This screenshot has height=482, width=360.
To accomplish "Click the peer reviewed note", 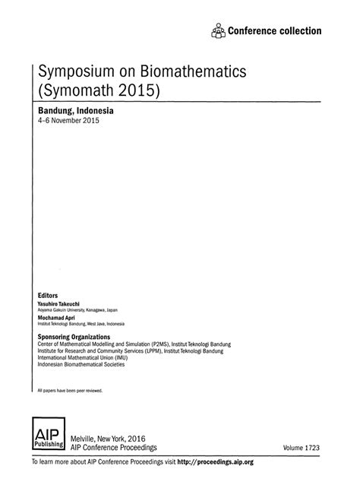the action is (69, 390).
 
